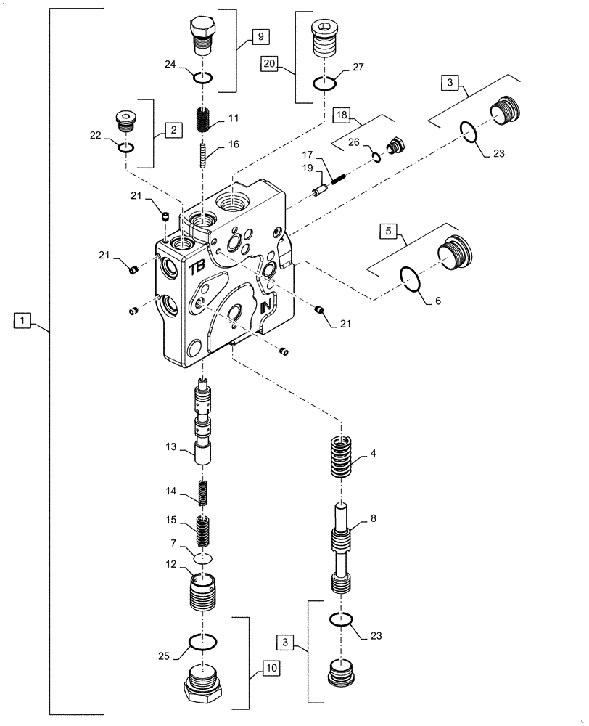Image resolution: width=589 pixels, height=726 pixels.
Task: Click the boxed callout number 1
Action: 23,320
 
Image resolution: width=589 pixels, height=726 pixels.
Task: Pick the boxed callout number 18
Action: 342,115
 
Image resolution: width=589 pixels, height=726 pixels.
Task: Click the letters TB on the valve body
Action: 197,269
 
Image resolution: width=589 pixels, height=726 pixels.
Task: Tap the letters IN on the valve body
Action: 266,306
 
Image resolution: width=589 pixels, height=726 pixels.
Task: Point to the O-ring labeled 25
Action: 203,642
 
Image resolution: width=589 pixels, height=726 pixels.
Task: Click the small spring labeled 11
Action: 204,119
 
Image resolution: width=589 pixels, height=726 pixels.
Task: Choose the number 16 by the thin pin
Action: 233,145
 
